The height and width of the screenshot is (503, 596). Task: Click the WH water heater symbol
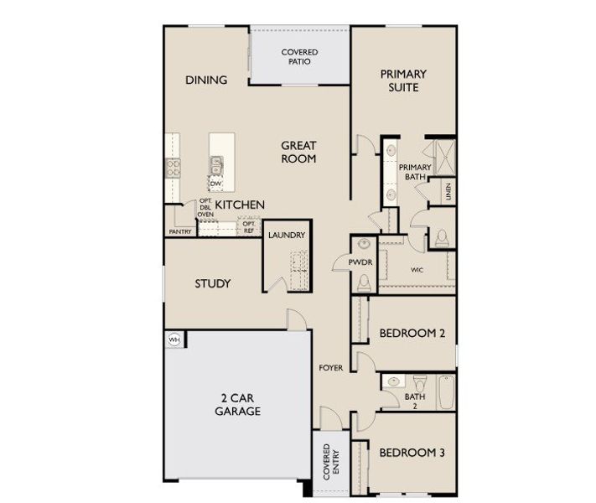click(174, 340)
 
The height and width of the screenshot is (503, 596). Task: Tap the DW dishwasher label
click(215, 184)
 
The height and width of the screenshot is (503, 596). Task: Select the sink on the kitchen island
click(216, 163)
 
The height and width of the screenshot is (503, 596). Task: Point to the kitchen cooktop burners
click(174, 167)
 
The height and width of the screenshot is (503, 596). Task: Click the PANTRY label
click(180, 231)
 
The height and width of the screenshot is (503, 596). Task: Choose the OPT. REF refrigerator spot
click(249, 227)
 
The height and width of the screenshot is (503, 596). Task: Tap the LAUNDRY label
click(286, 236)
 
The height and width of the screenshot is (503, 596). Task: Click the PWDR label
click(361, 263)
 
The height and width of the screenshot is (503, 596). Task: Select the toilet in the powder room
click(363, 284)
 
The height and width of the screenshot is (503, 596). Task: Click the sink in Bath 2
click(393, 382)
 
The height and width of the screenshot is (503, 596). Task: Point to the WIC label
click(417, 270)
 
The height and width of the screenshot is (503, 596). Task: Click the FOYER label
click(331, 368)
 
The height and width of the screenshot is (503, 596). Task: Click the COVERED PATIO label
click(298, 56)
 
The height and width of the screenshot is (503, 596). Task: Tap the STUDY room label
click(212, 283)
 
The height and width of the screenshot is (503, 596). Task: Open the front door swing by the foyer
click(332, 419)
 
